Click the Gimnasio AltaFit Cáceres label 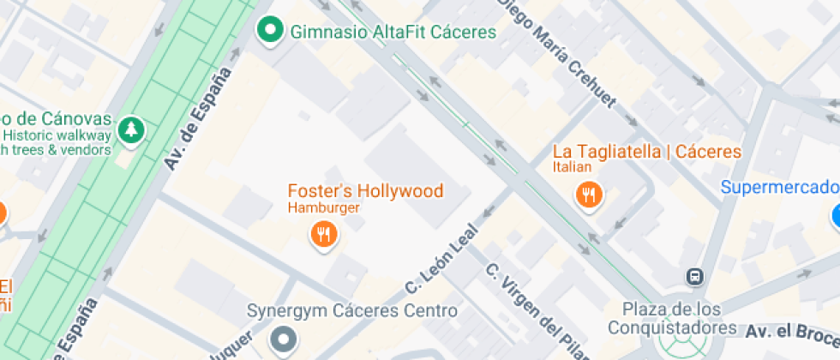click(x=393, y=33)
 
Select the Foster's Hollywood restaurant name click(x=365, y=191)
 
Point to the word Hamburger click(x=323, y=207)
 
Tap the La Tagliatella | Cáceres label click(x=647, y=152)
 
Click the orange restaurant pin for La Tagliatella click(x=588, y=195)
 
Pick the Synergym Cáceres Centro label click(x=351, y=310)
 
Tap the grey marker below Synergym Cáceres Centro click(x=282, y=341)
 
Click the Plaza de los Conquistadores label click(x=672, y=318)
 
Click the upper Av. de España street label click(x=199, y=120)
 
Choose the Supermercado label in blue click(x=778, y=188)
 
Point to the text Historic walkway click(x=57, y=135)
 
